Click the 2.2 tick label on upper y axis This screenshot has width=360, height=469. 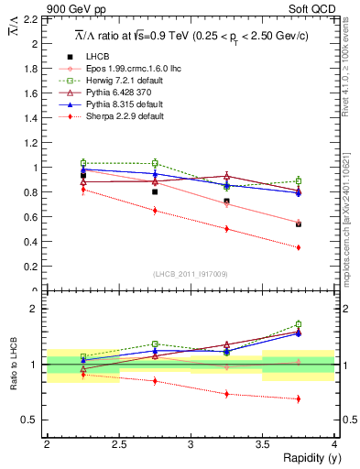point(27,19)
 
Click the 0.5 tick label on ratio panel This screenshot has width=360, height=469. point(27,420)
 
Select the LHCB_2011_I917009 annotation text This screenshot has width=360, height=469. point(191,273)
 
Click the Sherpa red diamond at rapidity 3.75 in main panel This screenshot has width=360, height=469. point(299,247)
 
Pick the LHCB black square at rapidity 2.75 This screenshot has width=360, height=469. point(155,191)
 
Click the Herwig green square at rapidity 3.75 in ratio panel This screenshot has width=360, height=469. point(299,324)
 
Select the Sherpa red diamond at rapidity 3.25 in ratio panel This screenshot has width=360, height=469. point(226,394)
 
